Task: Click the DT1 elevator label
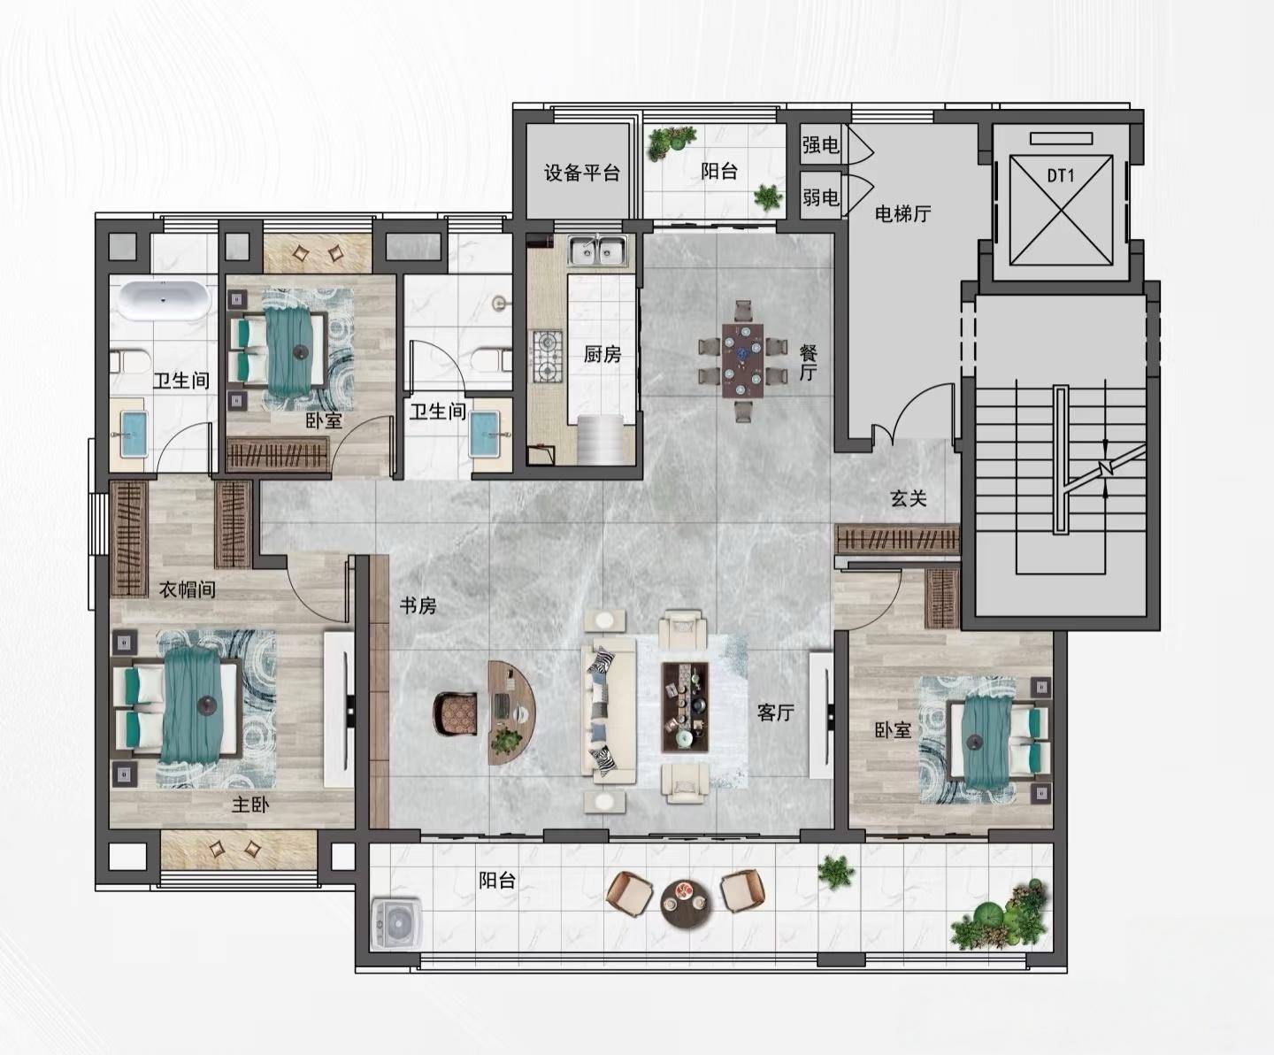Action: point(1061,176)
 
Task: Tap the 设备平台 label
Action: point(581,173)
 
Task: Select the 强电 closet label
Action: point(821,144)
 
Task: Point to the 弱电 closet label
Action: point(821,197)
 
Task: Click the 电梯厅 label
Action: point(902,213)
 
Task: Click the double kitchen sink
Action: point(598,250)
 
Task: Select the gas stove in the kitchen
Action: point(548,356)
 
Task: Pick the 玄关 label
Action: point(909,498)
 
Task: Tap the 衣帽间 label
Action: point(188,589)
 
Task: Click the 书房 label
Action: point(418,605)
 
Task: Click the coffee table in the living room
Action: point(685,707)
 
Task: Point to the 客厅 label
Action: point(776,712)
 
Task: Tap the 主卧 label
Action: point(250,805)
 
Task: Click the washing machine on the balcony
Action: point(397,922)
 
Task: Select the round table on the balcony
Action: point(686,903)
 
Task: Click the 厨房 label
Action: point(602,354)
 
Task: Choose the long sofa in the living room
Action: point(608,712)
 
